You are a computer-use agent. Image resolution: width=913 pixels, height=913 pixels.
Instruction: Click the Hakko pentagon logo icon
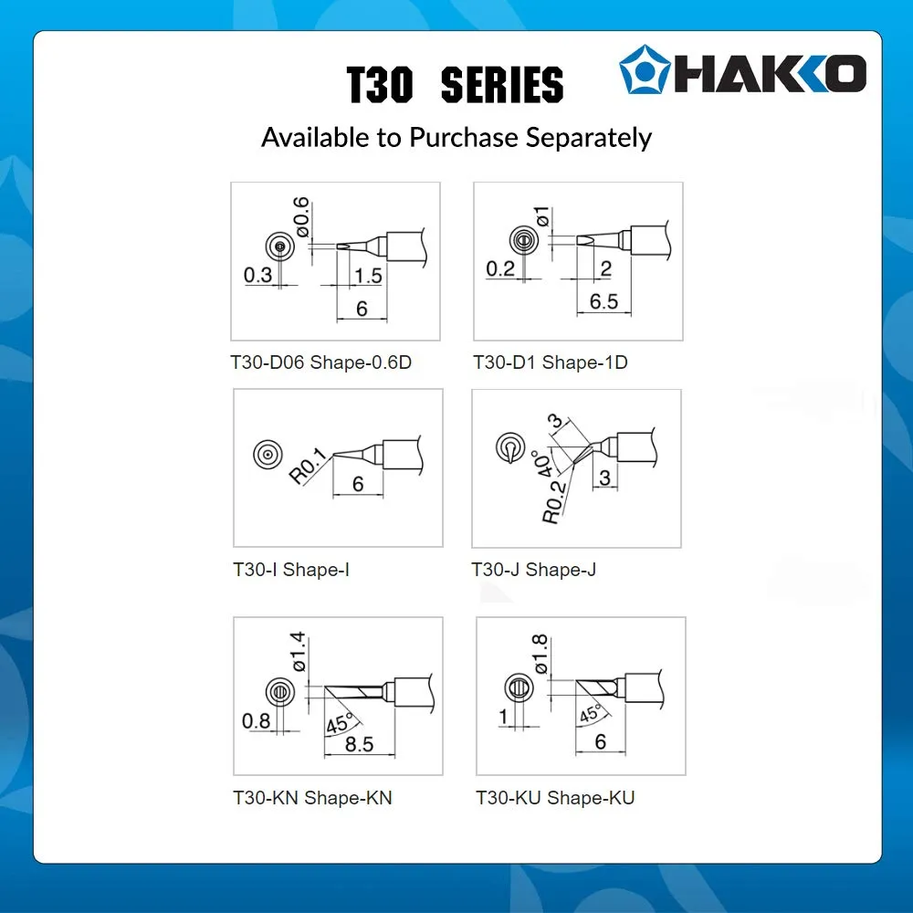645,69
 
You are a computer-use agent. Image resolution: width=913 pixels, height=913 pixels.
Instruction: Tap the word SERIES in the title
502,85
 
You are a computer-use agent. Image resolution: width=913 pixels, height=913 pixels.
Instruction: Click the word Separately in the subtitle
589,139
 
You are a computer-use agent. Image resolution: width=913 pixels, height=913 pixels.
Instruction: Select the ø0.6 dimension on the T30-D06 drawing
301,216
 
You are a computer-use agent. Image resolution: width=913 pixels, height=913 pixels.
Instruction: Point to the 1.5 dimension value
368,276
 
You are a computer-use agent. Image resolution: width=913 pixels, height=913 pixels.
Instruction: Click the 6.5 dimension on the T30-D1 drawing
603,301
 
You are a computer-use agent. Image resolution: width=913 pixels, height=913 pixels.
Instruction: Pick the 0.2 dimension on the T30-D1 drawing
500,269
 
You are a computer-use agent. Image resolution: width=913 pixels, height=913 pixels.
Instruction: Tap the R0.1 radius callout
308,466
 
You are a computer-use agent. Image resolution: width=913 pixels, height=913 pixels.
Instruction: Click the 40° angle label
542,464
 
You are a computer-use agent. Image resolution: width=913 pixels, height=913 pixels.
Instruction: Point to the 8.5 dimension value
359,744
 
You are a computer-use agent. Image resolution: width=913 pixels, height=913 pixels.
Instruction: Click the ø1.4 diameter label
299,652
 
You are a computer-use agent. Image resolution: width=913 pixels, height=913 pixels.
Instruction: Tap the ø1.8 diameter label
540,654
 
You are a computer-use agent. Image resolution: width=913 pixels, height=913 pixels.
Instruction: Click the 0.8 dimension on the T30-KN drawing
257,721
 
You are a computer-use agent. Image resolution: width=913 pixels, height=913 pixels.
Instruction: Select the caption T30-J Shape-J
533,570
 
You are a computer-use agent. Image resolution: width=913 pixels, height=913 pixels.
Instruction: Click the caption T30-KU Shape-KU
555,798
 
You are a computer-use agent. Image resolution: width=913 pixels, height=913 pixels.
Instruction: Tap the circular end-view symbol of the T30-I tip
268,454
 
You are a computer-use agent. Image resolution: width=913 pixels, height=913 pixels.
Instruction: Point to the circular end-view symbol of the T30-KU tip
519,688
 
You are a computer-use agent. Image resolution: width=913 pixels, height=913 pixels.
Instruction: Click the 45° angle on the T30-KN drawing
340,723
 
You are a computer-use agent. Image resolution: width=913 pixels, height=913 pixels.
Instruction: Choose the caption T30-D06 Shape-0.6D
320,362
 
